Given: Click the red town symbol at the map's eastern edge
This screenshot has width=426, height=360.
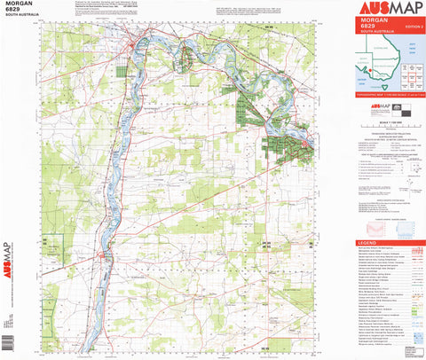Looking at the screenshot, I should (x=308, y=143).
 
